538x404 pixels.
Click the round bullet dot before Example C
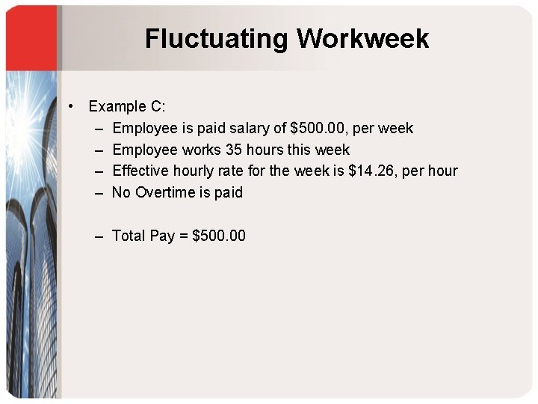pos(70,106)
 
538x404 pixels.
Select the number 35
pos(234,150)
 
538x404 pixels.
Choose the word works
pos(201,150)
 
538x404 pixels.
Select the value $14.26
pos(372,171)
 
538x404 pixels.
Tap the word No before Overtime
pos(120,192)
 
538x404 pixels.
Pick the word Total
pos(128,236)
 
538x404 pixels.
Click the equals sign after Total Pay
pos(183,236)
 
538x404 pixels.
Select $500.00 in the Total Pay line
pos(219,236)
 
